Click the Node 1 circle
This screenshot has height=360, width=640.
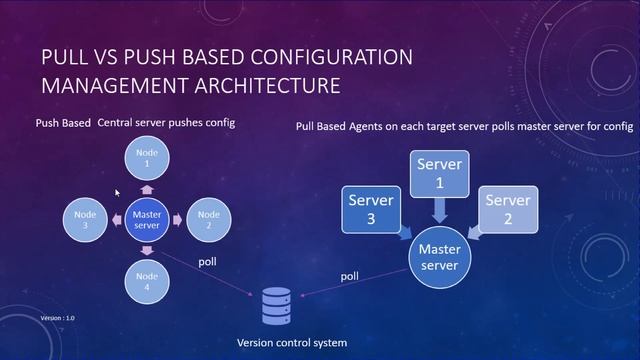click(x=147, y=158)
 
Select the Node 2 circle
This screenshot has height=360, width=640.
click(x=208, y=220)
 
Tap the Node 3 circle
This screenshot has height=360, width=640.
click(x=85, y=220)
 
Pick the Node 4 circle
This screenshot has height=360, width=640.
click(x=147, y=282)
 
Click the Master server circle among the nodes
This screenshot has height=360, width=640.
click(x=147, y=220)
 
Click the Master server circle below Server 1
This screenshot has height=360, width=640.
click(x=439, y=256)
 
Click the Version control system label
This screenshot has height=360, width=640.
click(x=291, y=343)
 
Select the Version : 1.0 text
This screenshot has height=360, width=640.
click(x=57, y=317)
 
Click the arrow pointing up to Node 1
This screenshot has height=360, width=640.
click(x=147, y=189)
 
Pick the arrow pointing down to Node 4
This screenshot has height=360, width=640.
click(x=147, y=250)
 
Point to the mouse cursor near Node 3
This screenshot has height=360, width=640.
click(x=118, y=193)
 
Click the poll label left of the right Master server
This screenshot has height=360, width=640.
click(x=350, y=275)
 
